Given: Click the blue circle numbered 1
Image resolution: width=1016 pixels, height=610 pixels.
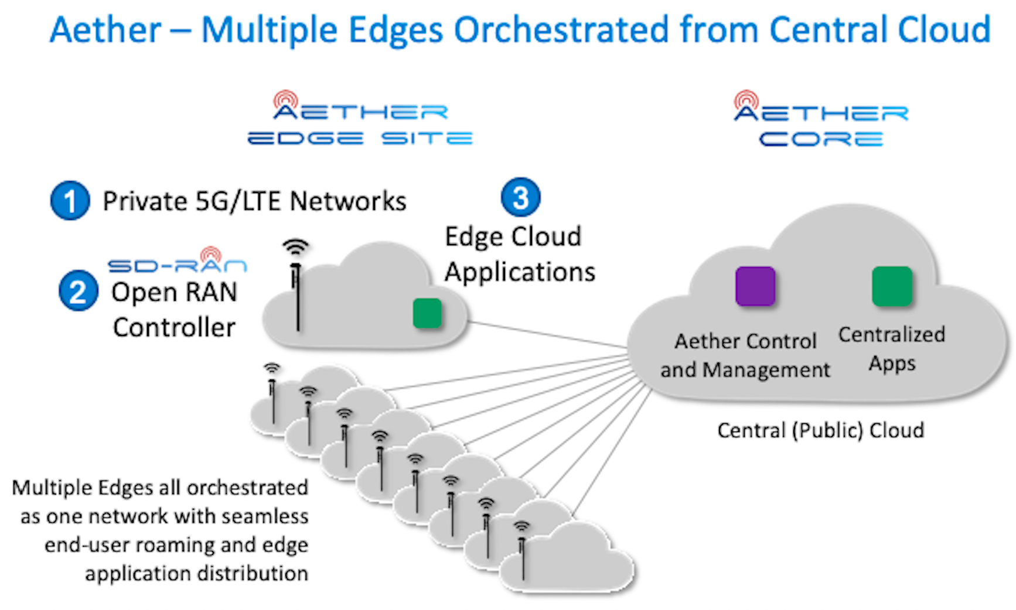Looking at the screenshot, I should click(70, 201).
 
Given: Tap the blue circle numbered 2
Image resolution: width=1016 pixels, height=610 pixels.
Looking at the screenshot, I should click(78, 291).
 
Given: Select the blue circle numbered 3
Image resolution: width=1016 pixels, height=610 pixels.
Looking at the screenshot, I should click(520, 197).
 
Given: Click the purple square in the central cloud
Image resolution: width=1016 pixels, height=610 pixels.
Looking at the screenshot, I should click(755, 286).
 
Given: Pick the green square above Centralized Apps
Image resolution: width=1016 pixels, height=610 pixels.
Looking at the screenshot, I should click(892, 286).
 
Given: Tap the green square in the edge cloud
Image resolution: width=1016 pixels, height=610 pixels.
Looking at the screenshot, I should click(427, 313).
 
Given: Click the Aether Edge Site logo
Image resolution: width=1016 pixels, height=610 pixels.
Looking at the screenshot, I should click(360, 119).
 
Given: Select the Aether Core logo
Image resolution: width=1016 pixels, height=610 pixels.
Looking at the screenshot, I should click(820, 119).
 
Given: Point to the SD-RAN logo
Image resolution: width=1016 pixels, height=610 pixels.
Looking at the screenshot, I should click(178, 262).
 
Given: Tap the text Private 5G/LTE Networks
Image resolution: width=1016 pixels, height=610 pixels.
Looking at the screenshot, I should click(254, 201).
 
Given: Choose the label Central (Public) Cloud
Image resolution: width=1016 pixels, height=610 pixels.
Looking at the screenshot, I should click(820, 430).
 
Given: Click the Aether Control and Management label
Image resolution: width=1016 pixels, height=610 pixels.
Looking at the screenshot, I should click(745, 355).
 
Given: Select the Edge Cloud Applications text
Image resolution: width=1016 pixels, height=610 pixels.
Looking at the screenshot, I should click(519, 255).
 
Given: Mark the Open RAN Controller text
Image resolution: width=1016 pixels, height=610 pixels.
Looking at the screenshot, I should click(174, 310).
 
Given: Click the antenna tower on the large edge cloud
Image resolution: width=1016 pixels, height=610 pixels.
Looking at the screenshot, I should click(296, 293).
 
